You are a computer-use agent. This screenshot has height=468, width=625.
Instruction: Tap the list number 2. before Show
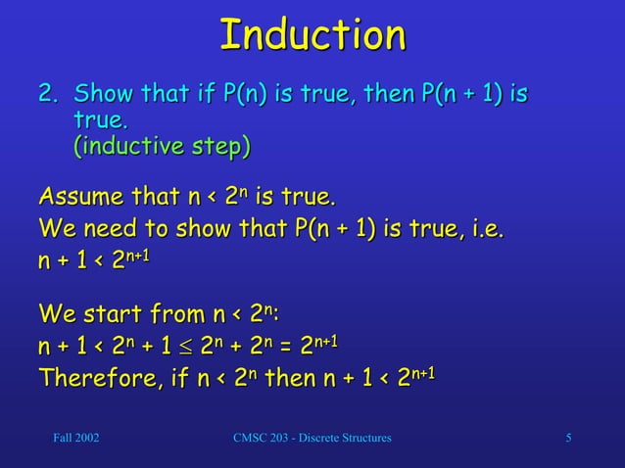pos(49,96)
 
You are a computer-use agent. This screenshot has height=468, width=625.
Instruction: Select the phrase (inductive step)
pos(162,147)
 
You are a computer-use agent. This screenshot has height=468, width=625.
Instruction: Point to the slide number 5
pos(569,437)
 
